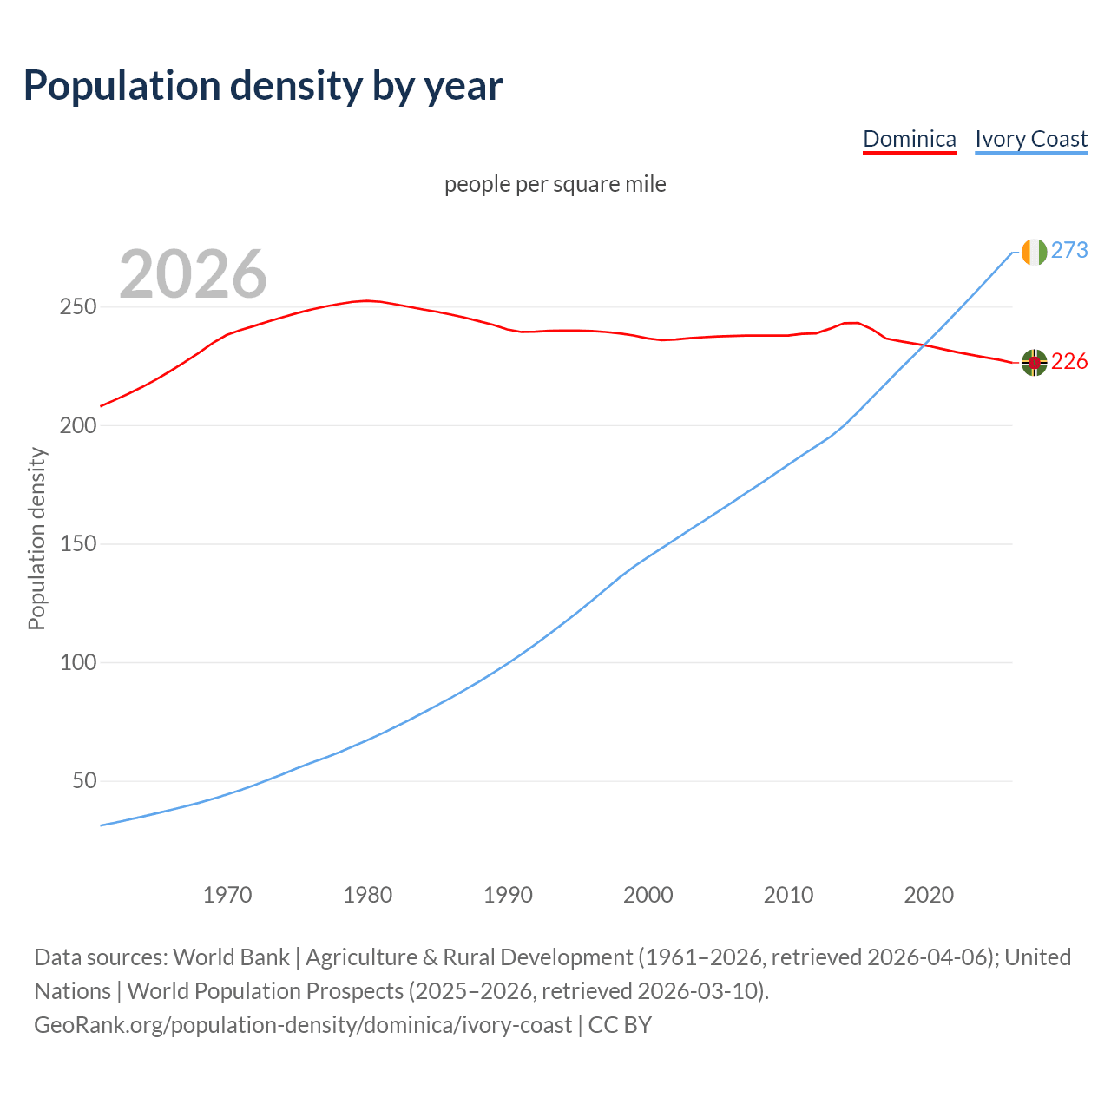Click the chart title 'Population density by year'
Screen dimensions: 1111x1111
tap(263, 85)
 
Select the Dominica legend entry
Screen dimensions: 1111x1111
tap(909, 139)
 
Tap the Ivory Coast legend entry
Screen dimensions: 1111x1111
tap(1031, 139)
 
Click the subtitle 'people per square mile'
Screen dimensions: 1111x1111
tap(555, 184)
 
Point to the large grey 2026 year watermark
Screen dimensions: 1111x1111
tap(193, 274)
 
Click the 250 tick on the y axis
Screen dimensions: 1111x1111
tap(77, 307)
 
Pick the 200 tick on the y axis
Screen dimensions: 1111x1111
tap(77, 426)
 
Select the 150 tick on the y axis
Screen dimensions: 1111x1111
tap(77, 544)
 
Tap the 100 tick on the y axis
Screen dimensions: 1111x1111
tap(77, 663)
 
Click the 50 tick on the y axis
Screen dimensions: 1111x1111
tap(83, 781)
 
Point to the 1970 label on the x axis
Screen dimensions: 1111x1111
tap(227, 895)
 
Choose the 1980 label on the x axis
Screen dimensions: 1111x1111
tap(368, 895)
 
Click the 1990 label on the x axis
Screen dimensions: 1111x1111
tap(508, 895)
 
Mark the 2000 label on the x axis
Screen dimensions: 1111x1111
tap(648, 895)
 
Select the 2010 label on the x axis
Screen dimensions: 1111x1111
tap(788, 895)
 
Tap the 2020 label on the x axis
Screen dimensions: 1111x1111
tap(929, 895)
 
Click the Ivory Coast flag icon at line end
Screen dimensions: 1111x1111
tap(1034, 252)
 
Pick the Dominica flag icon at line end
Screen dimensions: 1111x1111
tap(1034, 363)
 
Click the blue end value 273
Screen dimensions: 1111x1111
tap(1069, 251)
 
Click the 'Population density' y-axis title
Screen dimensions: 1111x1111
tap(36, 538)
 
